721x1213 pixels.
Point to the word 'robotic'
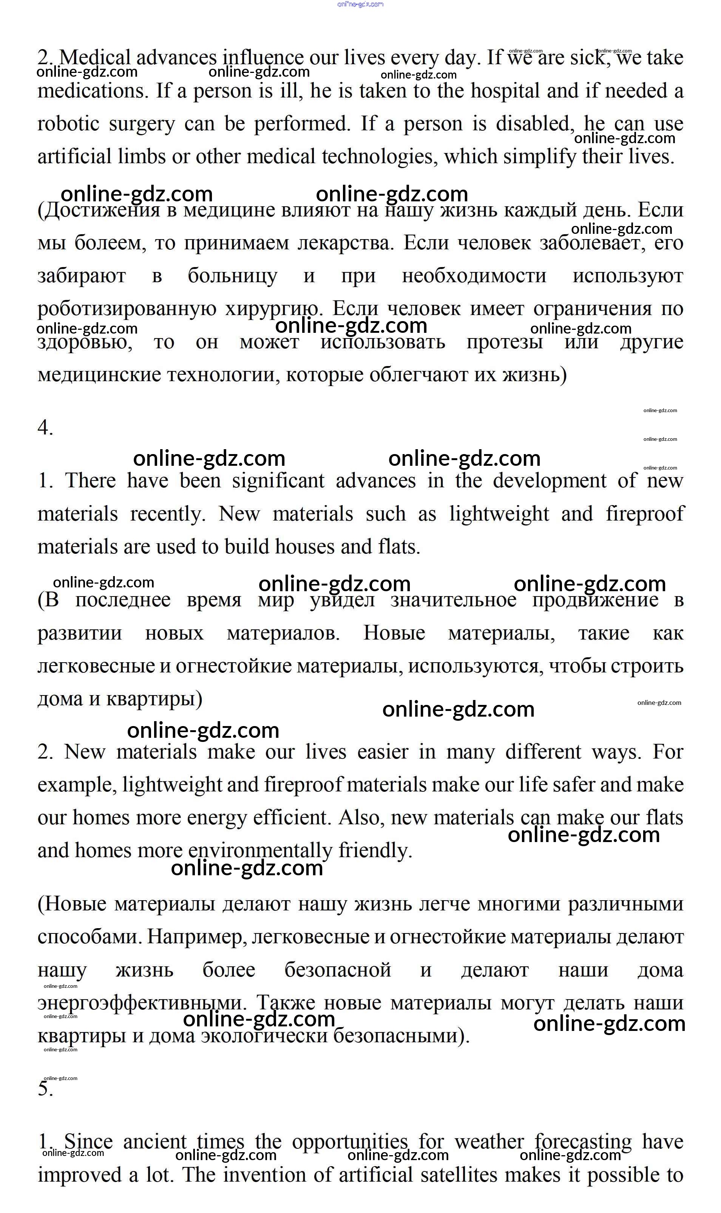68,124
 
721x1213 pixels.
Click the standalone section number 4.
45,428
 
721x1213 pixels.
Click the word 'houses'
305,547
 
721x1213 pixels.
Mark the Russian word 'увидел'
343,601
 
